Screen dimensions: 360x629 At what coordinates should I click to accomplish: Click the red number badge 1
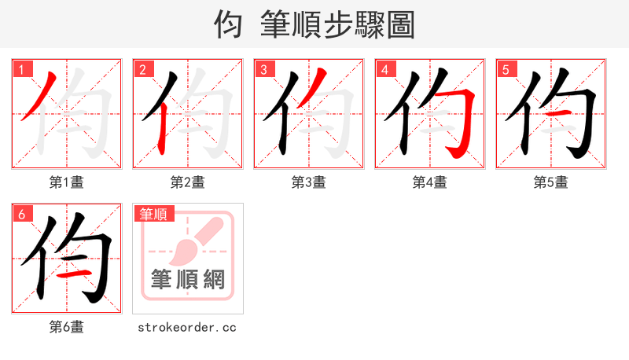tap(21, 68)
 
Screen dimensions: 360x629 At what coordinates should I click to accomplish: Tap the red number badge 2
tap(142, 68)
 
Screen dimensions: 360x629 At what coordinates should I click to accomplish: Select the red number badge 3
tap(263, 68)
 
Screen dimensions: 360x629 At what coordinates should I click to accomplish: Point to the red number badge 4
tap(384, 68)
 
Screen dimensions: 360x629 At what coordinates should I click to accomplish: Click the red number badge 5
tap(506, 68)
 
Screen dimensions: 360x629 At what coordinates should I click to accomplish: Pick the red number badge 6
tap(21, 213)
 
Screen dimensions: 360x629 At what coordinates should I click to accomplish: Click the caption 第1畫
tap(67, 182)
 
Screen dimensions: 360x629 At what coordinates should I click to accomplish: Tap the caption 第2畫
tap(188, 182)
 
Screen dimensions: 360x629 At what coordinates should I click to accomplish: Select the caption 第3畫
tap(309, 182)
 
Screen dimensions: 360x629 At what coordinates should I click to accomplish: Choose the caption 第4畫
tap(430, 182)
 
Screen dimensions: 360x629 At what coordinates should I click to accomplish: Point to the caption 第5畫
tap(551, 182)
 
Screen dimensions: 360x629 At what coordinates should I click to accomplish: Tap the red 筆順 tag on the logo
tap(155, 214)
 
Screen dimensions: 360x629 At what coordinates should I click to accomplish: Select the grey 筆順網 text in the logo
tap(188, 278)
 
